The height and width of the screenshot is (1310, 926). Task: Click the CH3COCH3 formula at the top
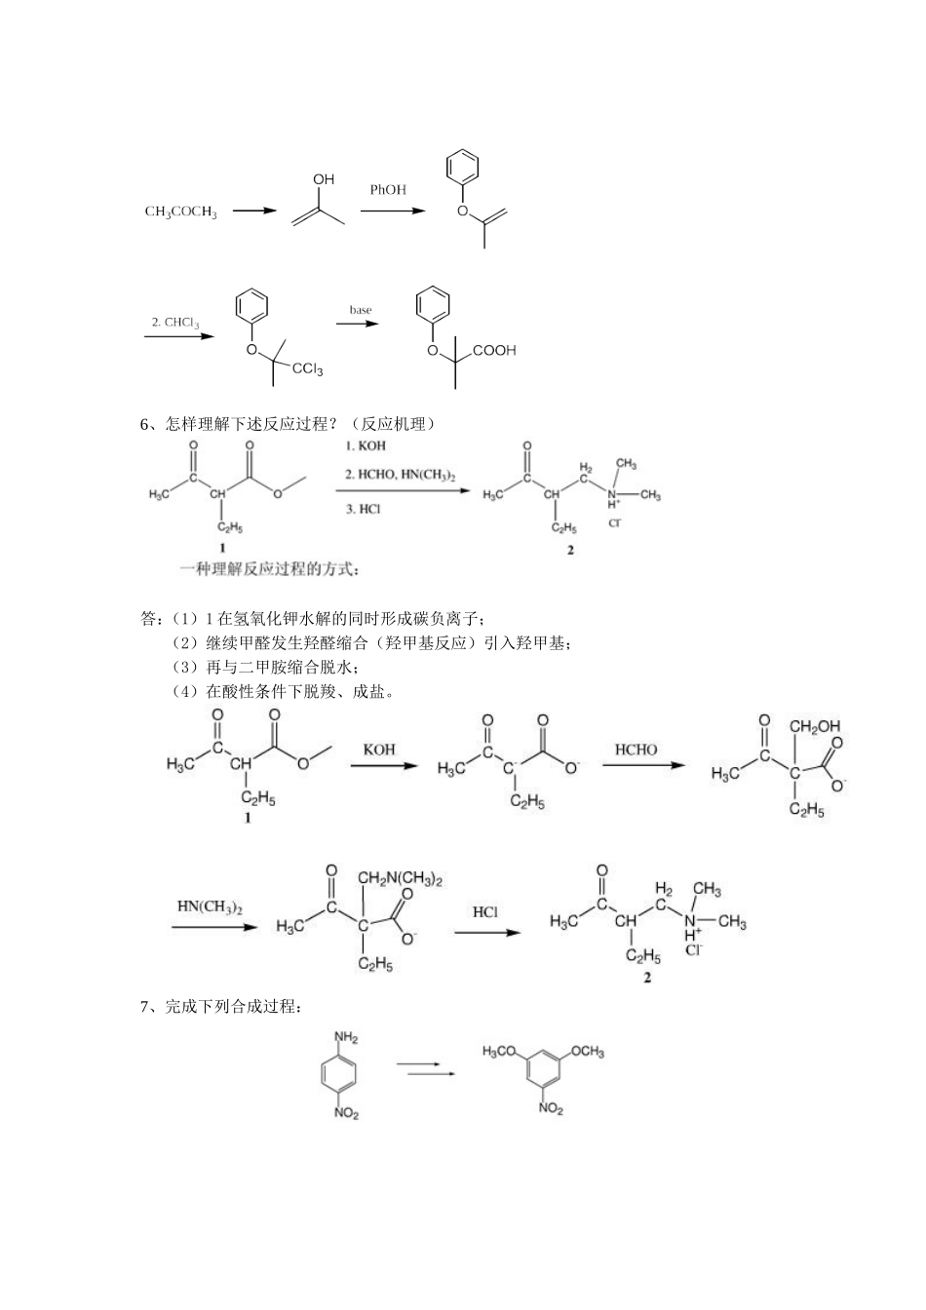coord(180,212)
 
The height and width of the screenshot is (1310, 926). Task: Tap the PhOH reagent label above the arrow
coord(388,190)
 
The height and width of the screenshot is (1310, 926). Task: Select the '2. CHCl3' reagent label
coord(175,323)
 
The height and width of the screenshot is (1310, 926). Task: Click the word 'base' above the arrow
coord(361,310)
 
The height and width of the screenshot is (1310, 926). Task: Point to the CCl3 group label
coord(307,369)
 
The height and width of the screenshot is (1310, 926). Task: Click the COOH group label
coord(494,351)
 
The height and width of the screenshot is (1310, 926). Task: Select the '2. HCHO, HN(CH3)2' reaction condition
coord(401,475)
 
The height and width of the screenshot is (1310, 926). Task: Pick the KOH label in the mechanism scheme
coord(380,750)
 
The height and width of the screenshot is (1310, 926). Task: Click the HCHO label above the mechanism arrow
coord(636,750)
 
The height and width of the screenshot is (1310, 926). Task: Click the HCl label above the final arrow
coord(484,912)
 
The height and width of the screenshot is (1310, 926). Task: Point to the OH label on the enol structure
coord(324,179)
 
